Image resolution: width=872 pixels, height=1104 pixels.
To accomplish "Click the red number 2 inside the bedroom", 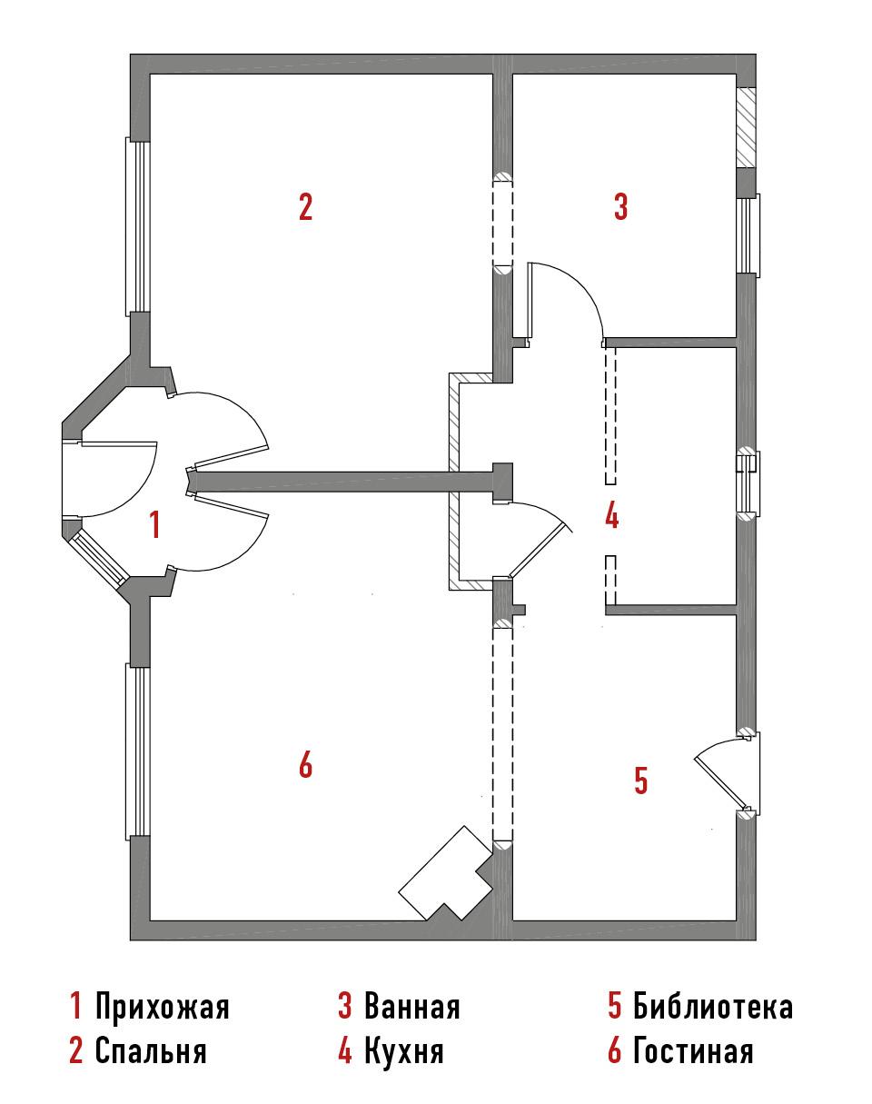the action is (306, 207).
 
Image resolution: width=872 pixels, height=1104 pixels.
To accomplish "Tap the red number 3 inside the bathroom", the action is (620, 207).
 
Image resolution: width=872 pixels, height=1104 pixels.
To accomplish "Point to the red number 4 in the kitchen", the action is (612, 516).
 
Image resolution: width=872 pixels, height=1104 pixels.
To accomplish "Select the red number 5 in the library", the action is (640, 780).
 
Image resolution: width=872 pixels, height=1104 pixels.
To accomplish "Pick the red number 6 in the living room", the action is (306, 764).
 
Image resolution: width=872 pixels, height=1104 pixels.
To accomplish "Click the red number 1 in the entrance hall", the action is (155, 523).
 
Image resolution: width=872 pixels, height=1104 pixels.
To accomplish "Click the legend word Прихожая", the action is (162, 1007).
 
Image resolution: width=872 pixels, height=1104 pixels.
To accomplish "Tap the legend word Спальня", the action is (151, 1049).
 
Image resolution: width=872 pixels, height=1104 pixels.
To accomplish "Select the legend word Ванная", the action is (411, 1007).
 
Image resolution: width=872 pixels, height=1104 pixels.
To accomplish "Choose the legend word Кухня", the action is (403, 1049).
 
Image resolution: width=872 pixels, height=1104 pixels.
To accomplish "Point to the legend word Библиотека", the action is (712, 1007).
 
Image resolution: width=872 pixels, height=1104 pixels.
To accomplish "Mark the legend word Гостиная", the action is (693, 1049).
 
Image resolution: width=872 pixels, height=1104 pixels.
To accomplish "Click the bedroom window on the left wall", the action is (138, 226).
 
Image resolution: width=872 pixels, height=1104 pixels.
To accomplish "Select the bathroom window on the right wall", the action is (748, 235).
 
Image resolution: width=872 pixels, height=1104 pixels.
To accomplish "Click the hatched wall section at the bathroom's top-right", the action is (747, 127).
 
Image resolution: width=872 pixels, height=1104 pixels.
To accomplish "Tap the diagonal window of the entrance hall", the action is (96, 557).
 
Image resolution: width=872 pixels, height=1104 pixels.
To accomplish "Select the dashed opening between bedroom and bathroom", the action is (502, 224).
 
